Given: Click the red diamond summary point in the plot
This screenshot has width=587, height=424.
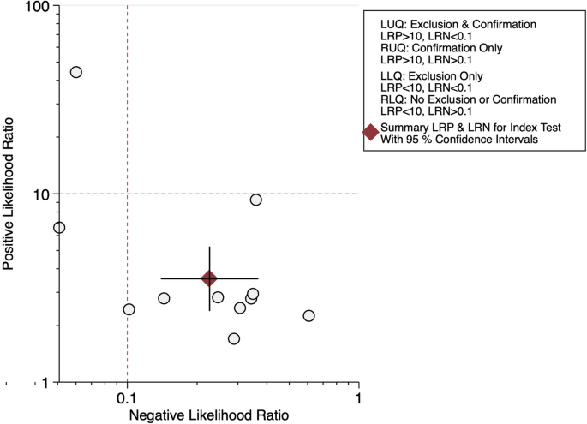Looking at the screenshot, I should [209, 278].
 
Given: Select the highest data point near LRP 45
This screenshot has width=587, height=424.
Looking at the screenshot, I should [75, 72].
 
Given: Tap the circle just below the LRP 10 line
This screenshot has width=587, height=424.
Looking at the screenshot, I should [255, 200].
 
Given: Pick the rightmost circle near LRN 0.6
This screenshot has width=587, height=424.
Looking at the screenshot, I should [308, 316].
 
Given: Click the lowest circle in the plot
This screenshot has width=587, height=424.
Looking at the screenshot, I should [234, 339].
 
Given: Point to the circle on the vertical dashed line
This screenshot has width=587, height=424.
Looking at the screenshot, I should [129, 309].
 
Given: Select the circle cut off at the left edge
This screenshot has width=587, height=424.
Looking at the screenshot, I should [58, 228].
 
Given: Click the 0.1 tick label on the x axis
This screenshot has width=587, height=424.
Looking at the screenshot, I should [127, 398].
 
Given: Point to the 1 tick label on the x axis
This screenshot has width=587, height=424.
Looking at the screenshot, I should [358, 398].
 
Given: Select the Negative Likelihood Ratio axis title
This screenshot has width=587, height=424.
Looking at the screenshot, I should [208, 415].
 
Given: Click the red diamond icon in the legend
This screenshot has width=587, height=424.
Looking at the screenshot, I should [370, 132].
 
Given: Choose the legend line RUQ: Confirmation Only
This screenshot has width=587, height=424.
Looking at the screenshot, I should [447, 48].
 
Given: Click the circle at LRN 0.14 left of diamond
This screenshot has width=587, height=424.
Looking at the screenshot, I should [164, 298].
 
